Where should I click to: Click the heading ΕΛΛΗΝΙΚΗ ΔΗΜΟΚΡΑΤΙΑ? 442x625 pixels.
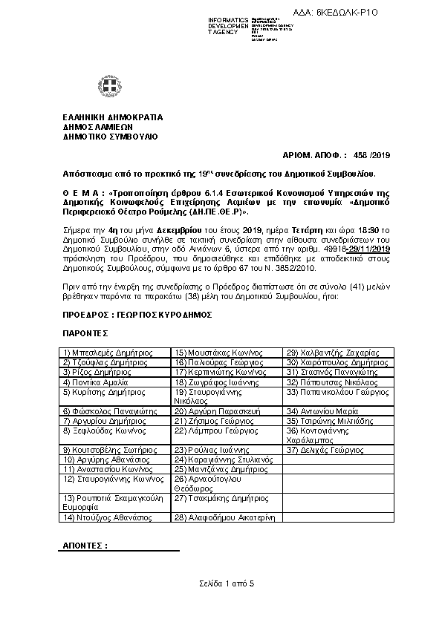(112, 117)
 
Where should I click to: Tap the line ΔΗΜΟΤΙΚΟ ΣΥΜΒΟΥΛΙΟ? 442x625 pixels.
(110, 137)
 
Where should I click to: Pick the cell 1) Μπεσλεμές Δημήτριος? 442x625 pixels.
(102, 353)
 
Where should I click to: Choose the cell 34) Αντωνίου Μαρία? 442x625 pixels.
(318, 410)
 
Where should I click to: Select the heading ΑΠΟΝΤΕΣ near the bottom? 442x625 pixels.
(84, 546)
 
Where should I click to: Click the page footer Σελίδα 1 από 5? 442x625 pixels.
(226, 584)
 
